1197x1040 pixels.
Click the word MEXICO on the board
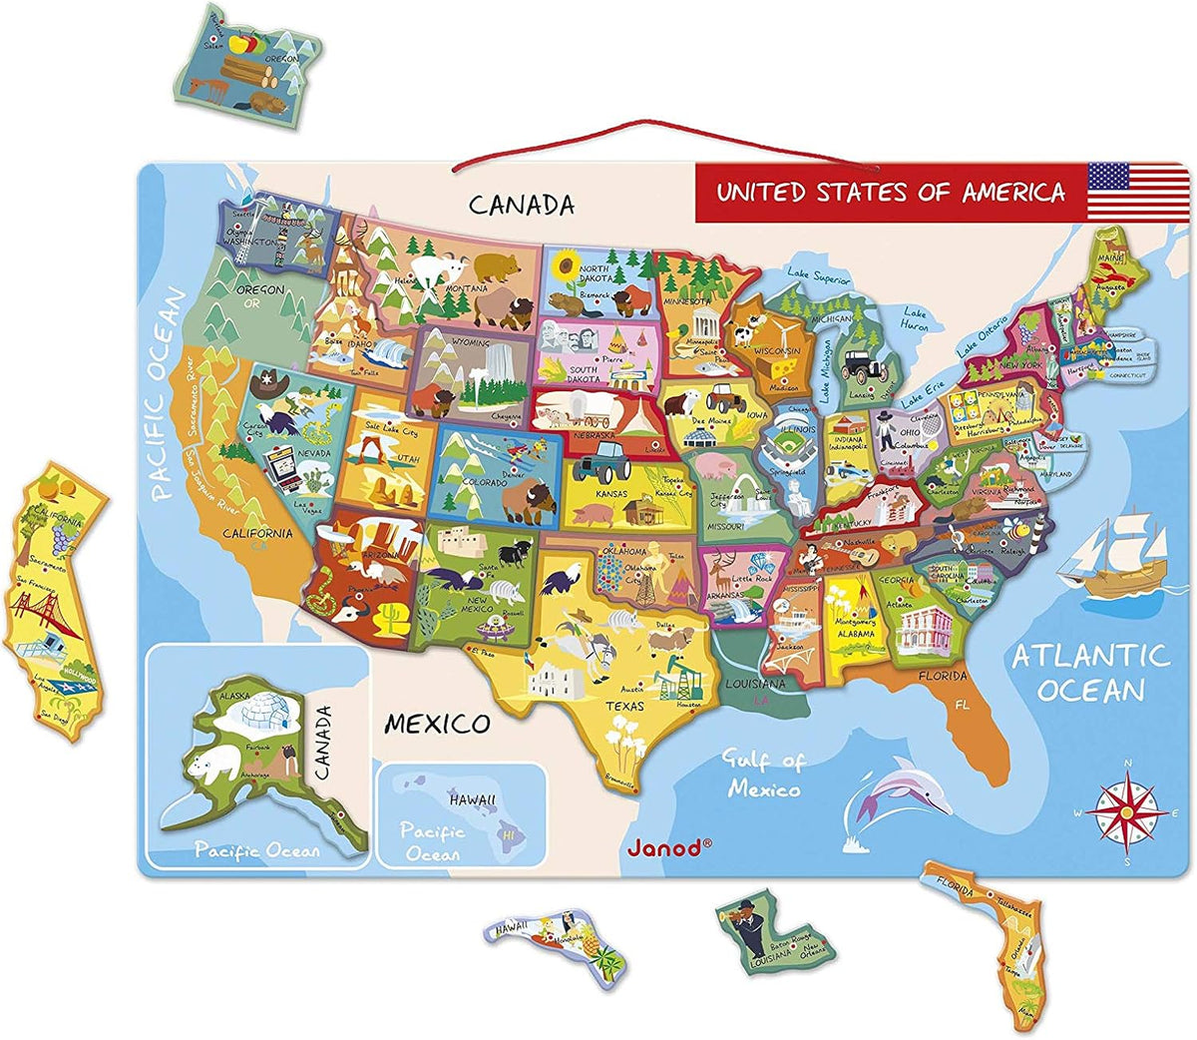[438, 723]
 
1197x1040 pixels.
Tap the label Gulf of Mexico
[764, 775]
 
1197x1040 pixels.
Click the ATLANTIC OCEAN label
[1090, 673]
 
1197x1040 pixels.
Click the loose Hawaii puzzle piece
[556, 939]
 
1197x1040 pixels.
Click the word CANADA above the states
[522, 205]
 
